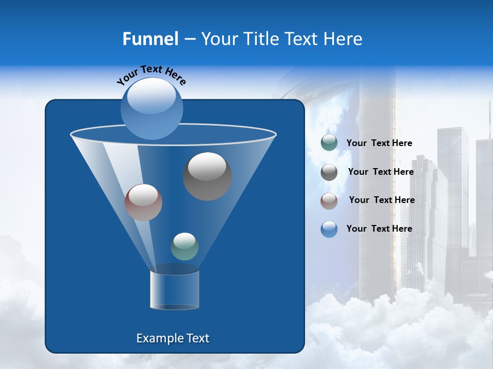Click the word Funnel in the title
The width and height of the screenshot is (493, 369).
click(x=150, y=39)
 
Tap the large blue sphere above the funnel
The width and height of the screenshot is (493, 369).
click(x=151, y=108)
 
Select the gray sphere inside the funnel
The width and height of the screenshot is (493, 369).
click(x=207, y=176)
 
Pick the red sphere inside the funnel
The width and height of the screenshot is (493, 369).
click(x=143, y=202)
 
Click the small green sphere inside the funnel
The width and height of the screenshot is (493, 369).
click(x=184, y=247)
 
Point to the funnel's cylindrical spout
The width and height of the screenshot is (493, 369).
click(x=175, y=290)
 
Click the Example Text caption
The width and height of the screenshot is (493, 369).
click(x=173, y=338)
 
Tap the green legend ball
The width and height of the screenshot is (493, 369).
click(x=329, y=143)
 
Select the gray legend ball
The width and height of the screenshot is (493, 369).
click(x=329, y=172)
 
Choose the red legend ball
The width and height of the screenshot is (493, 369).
click(x=329, y=201)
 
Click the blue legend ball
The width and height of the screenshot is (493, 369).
click(x=329, y=229)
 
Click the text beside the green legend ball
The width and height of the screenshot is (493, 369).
click(x=379, y=143)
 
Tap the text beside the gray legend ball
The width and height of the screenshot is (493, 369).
click(x=381, y=172)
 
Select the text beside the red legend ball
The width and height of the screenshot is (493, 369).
click(x=382, y=200)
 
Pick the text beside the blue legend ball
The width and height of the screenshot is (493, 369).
click(x=379, y=229)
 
